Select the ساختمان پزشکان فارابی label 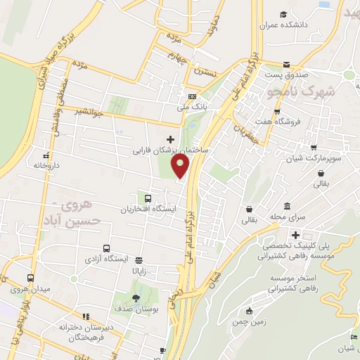click(x=172, y=150)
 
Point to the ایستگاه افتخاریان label click(x=148, y=209)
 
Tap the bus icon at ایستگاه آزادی click(x=106, y=248)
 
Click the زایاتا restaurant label click(x=136, y=270)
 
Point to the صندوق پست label click(x=283, y=74)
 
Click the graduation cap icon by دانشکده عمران click(x=283, y=15)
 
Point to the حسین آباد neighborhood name click(x=70, y=219)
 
